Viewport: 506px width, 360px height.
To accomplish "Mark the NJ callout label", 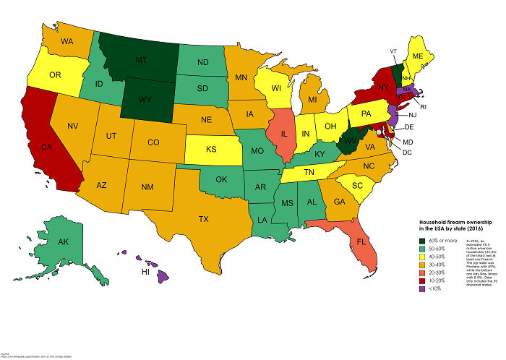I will click(x=412, y=115).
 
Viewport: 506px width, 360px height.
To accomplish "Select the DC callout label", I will click(x=407, y=153).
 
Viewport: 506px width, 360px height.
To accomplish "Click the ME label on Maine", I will click(x=417, y=56).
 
